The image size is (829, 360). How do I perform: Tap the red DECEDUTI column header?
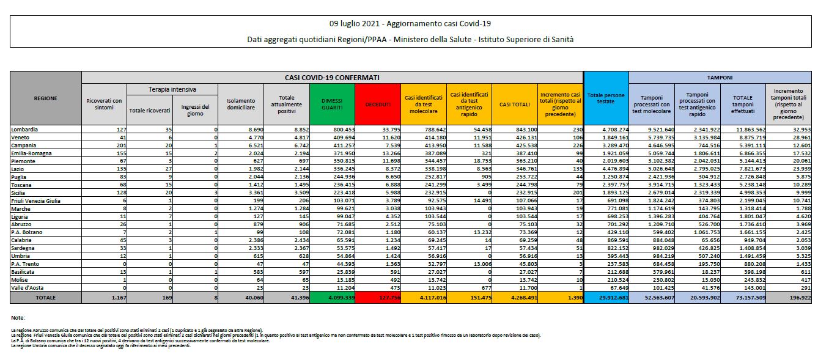[377, 105]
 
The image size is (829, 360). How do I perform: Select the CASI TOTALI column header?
[515, 105]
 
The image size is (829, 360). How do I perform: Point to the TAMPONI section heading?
[719, 78]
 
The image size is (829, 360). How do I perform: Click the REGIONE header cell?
[46, 98]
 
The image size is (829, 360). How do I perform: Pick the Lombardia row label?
[24, 130]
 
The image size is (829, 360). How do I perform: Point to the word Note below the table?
[18, 318]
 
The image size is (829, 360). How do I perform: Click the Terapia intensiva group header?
[172, 90]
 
